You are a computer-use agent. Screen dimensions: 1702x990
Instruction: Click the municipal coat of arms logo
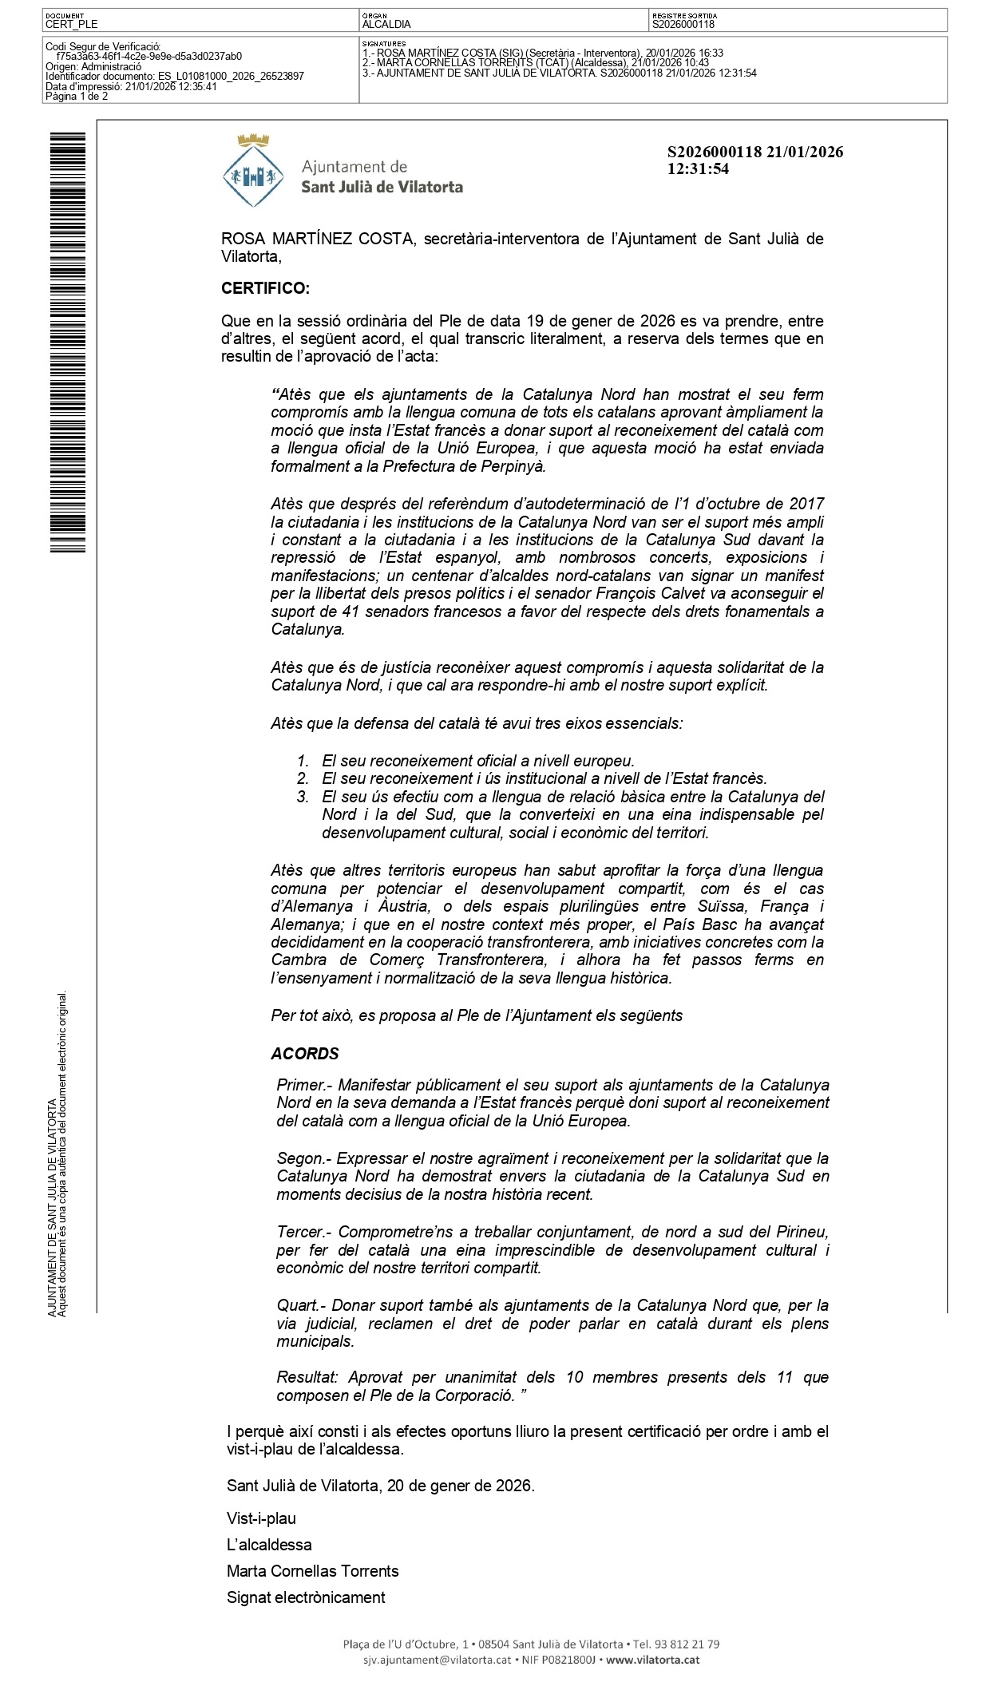coord(254,171)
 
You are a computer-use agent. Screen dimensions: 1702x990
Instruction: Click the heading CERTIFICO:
coord(265,288)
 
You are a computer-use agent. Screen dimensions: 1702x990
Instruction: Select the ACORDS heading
coord(305,1054)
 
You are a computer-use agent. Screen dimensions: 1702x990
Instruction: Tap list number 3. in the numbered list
coord(303,797)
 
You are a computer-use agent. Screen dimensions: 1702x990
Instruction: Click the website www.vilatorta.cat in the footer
coord(652,1660)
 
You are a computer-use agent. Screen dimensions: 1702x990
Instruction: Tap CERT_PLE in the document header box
coord(72,25)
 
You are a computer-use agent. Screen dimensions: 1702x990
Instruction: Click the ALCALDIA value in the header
coord(386,25)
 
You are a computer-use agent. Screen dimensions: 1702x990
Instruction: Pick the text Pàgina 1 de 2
coord(77,97)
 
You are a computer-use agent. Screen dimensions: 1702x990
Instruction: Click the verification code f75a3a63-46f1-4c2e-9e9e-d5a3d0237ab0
coord(148,57)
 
